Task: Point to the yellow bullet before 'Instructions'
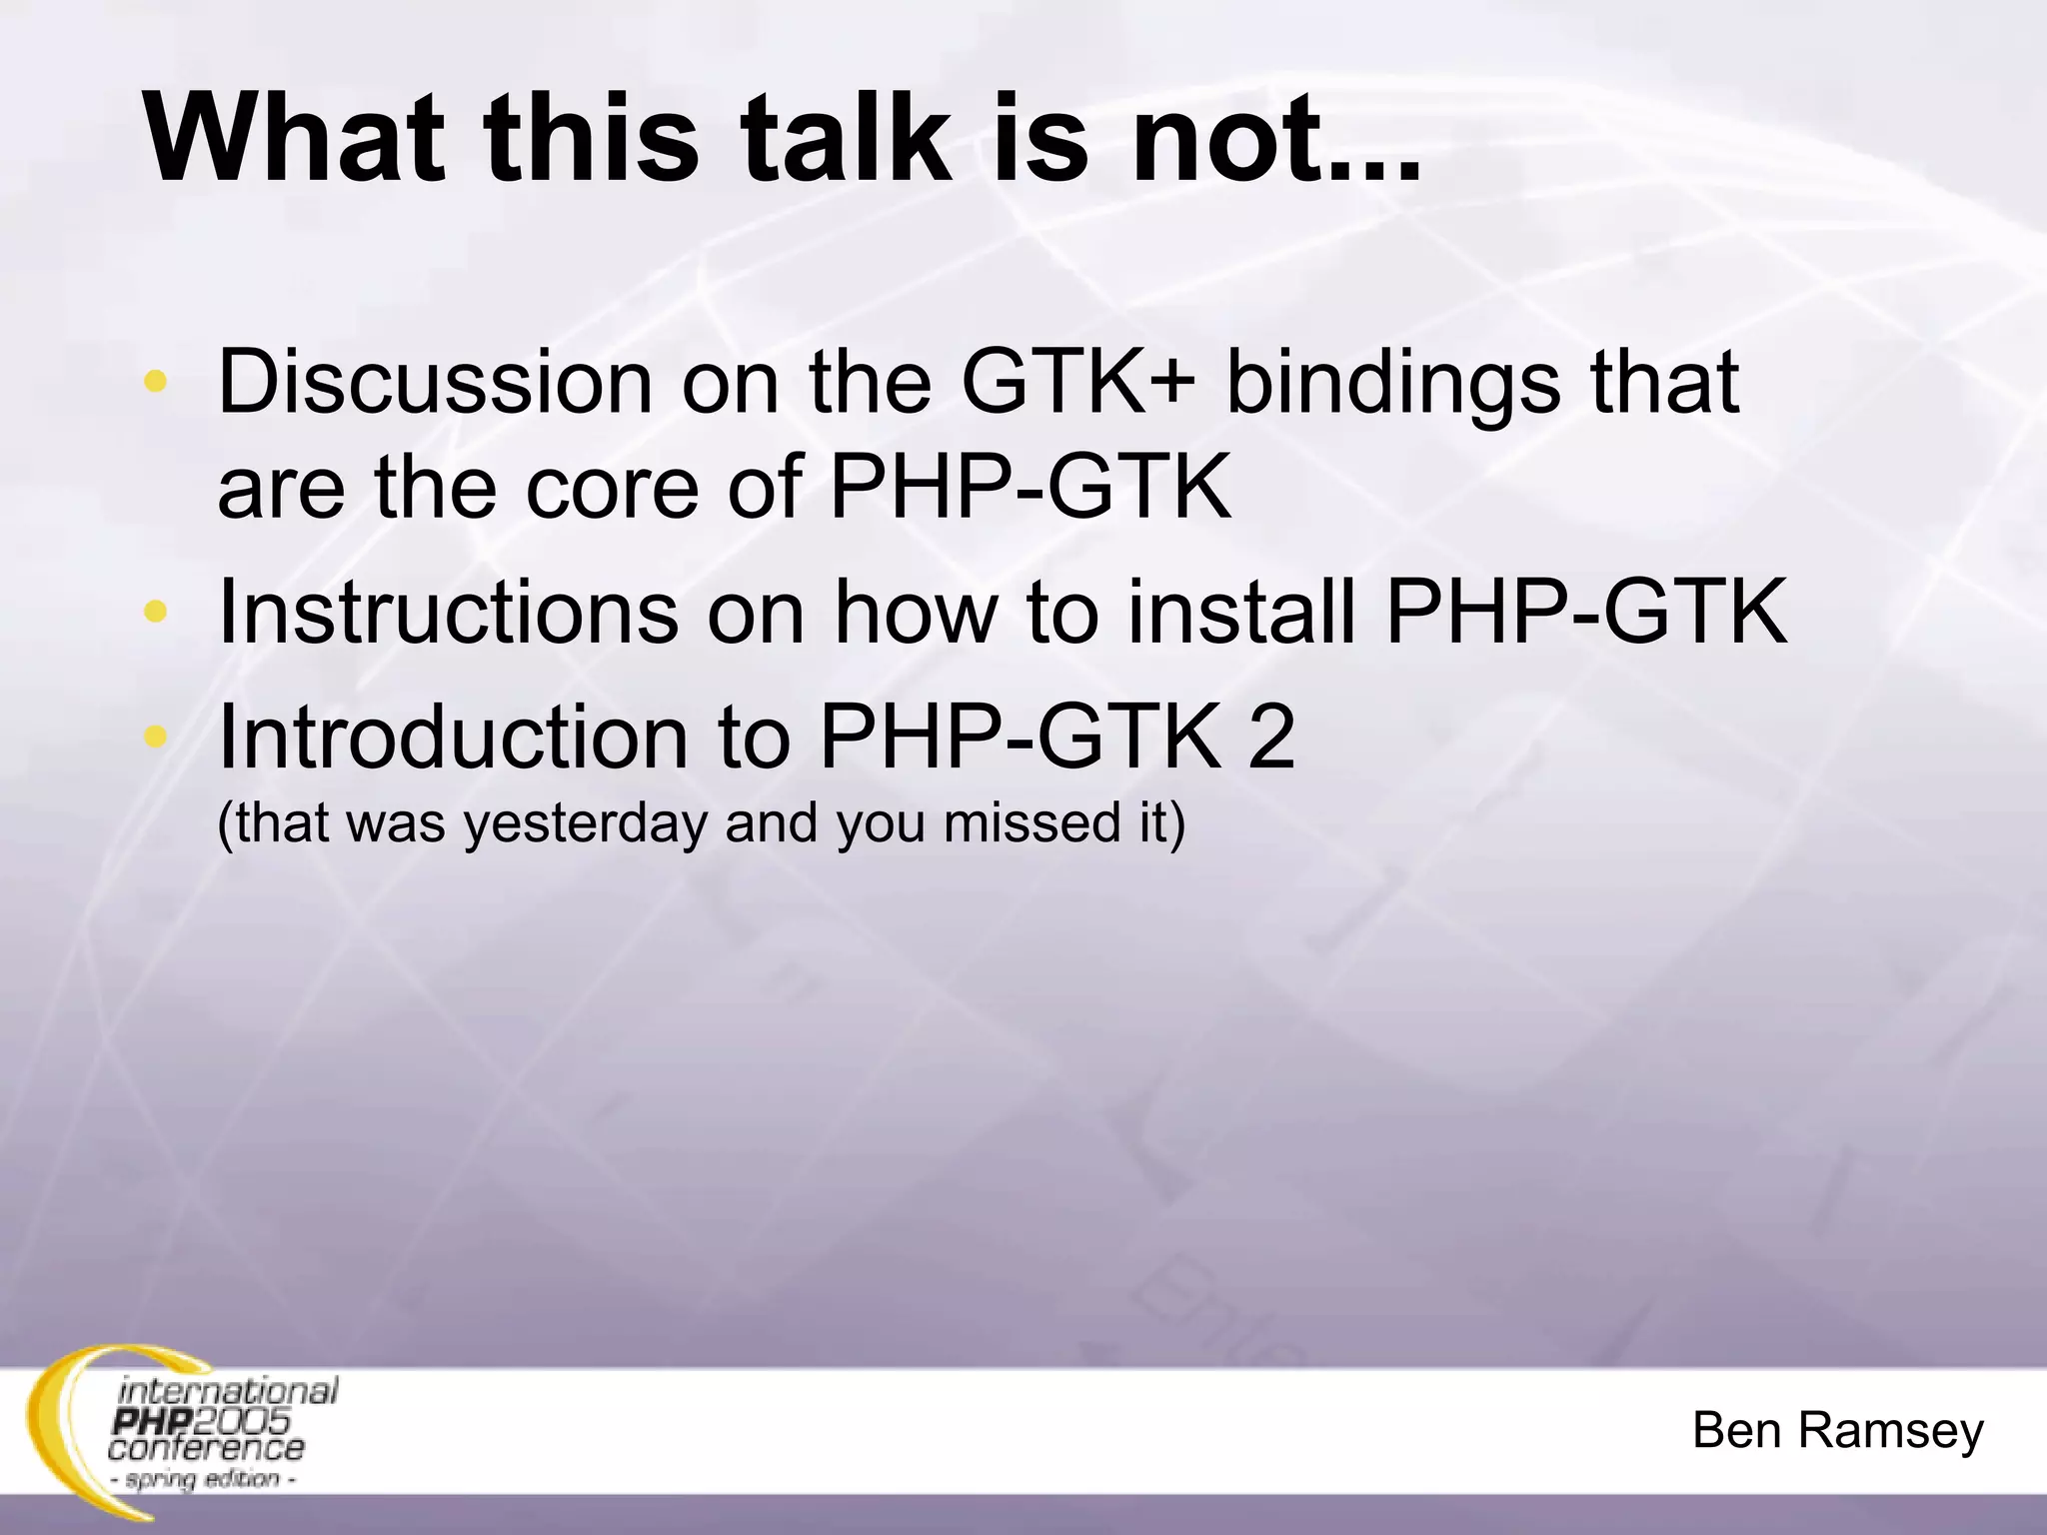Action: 155,611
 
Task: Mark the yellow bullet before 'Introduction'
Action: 155,737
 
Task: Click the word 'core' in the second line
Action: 610,489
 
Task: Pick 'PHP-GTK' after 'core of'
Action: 1029,489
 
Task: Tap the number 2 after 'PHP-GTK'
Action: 1270,739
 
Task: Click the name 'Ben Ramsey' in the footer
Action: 1837,1431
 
